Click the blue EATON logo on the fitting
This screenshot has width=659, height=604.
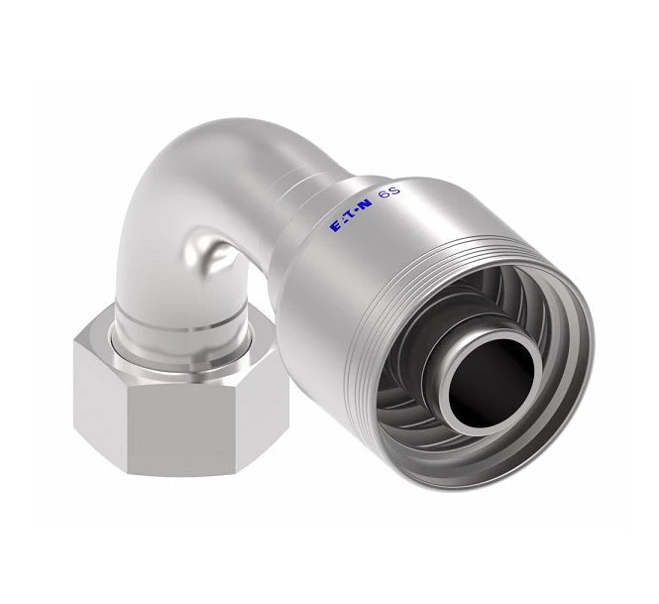(x=352, y=215)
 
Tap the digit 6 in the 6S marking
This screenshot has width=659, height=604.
(x=384, y=195)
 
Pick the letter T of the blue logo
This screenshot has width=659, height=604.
(x=352, y=215)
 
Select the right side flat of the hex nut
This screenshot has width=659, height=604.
(x=266, y=415)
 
